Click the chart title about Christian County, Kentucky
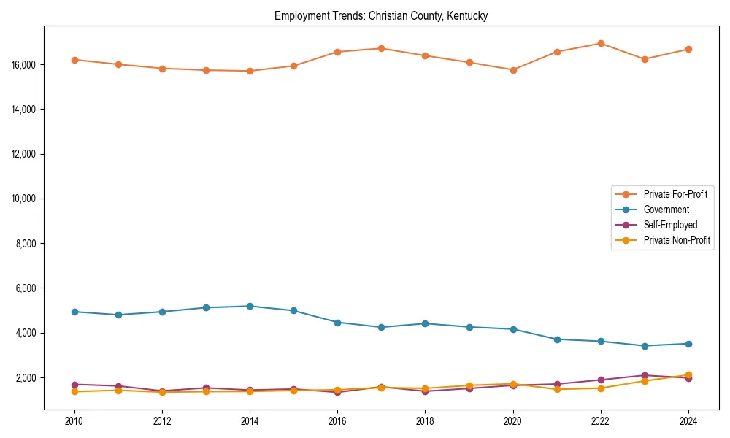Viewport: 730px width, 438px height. [381, 15]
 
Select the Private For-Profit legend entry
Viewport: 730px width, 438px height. [675, 194]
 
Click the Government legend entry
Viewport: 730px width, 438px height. [666, 210]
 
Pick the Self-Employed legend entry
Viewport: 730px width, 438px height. [669, 225]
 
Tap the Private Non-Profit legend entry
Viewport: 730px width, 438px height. [677, 240]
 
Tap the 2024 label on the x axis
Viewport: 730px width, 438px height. [688, 421]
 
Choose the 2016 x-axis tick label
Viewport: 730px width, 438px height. [337, 421]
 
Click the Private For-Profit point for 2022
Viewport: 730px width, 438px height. [601, 43]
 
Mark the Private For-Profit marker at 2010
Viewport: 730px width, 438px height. [74, 60]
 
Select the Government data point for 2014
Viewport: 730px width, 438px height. [250, 306]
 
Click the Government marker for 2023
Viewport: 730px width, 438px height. [645, 346]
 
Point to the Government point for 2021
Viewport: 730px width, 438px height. [557, 339]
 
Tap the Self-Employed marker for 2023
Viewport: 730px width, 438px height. [645, 375]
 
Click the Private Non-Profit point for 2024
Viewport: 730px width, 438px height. [688, 374]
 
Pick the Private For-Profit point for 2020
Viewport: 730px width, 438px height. [513, 70]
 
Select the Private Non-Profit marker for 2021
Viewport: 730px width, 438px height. [557, 389]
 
